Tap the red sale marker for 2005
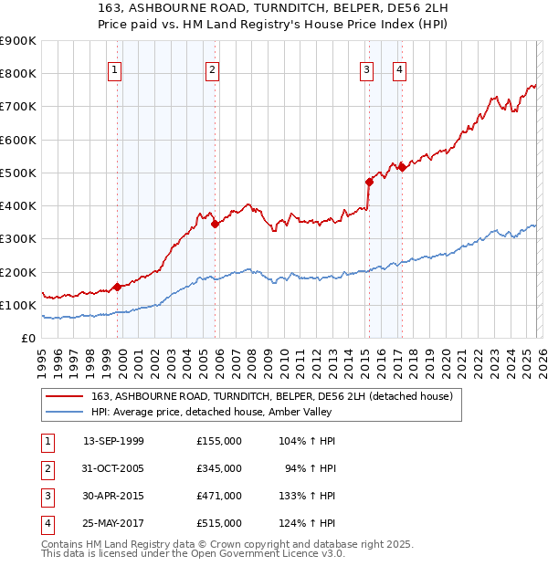tap(215, 223)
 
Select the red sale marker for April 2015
tap(369, 182)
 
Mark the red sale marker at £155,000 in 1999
tap(117, 287)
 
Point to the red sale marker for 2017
tap(402, 167)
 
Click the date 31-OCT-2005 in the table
tap(113, 468)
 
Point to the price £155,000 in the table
tap(219, 441)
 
